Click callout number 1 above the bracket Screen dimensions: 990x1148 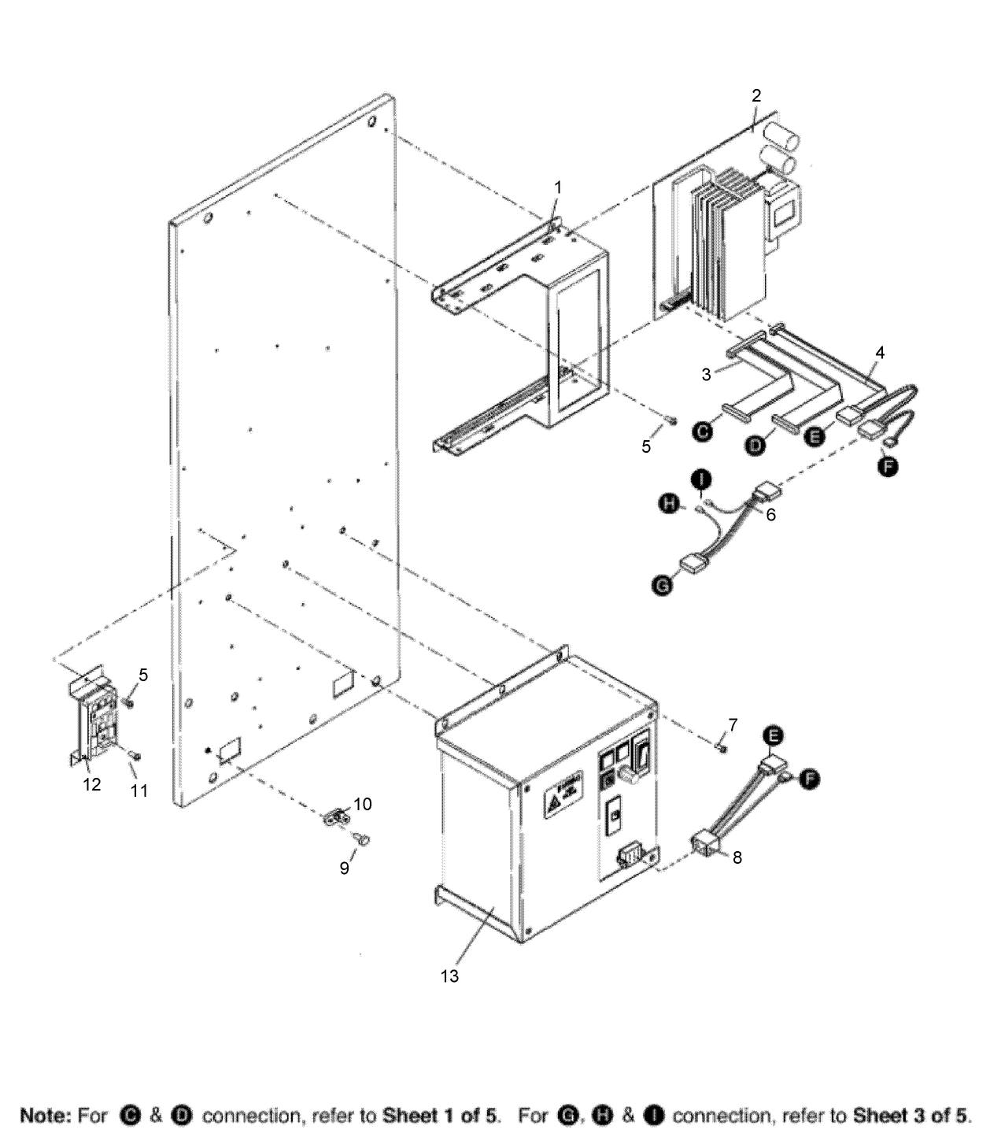click(558, 187)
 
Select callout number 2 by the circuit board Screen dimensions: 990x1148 click(756, 95)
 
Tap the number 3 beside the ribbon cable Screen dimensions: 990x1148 click(706, 375)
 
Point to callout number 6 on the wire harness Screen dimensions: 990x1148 click(770, 515)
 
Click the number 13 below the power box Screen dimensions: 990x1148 click(449, 976)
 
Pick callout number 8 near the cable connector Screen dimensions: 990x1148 click(737, 857)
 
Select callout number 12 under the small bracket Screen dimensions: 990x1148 click(92, 784)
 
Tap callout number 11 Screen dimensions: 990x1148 click(139, 791)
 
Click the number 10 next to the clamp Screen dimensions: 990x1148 click(363, 804)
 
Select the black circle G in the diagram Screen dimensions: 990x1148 click(663, 585)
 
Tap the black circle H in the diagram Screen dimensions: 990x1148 click(669, 504)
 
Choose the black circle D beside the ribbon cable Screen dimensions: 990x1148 click(755, 445)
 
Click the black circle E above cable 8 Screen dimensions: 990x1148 click(774, 736)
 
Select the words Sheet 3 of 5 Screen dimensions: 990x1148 click(911, 1116)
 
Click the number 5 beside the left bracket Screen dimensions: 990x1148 click(143, 675)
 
